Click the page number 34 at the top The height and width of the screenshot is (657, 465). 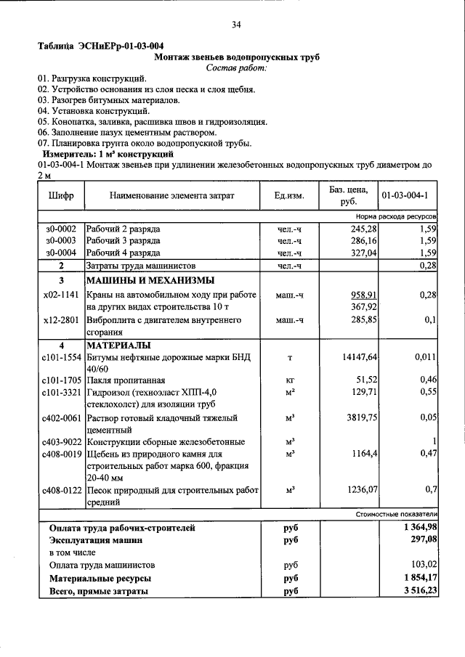pyautogui.click(x=236, y=25)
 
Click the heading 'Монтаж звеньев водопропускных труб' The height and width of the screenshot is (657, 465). pyautogui.click(x=237, y=57)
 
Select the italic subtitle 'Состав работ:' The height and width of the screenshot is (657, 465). pyautogui.click(x=237, y=68)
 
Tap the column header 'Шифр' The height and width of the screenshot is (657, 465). pyautogui.click(x=61, y=196)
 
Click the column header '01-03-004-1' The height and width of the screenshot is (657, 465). pyautogui.click(x=408, y=196)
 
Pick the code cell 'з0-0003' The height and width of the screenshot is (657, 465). pyautogui.click(x=61, y=240)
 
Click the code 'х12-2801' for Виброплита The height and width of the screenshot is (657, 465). pyautogui.click(x=61, y=319)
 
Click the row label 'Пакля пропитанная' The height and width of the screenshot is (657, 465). pyautogui.click(x=126, y=380)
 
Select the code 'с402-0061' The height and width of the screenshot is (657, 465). pyautogui.click(x=62, y=418)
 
